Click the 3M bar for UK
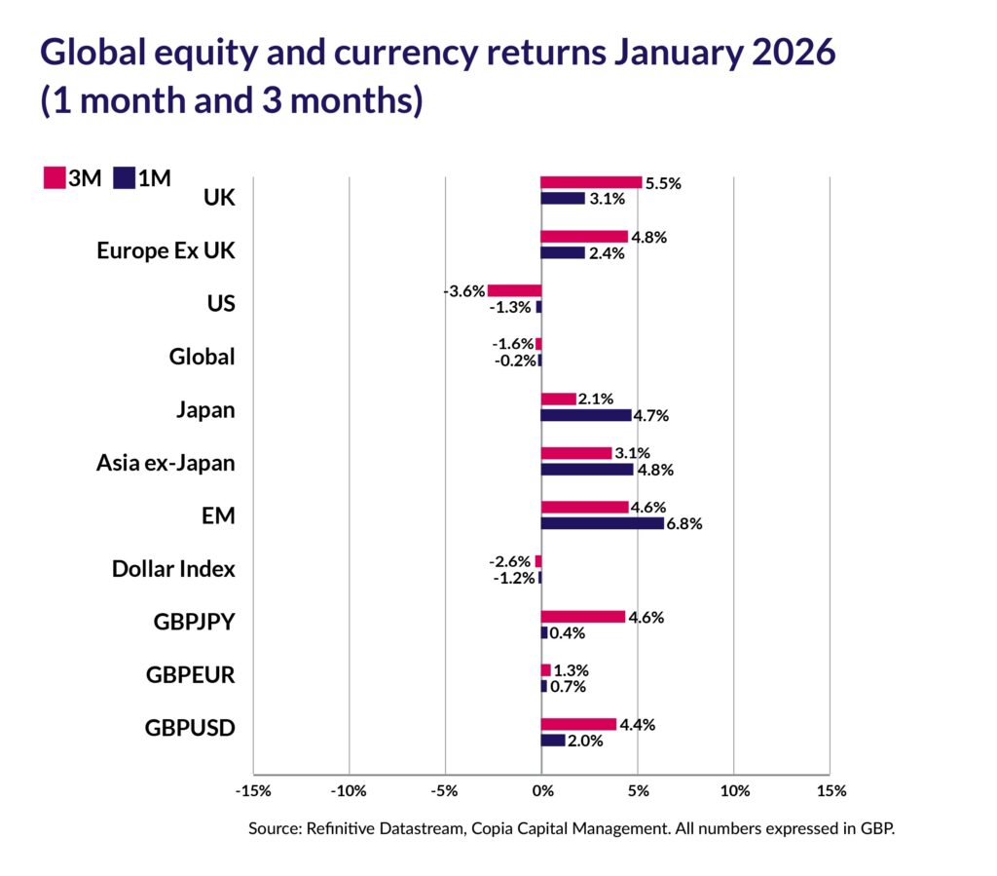[591, 182]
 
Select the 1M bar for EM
[602, 523]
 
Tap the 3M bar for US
[514, 290]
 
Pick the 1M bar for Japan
[585, 415]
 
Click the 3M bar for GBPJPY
[582, 617]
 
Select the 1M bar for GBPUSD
[552, 741]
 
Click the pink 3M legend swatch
[54, 177]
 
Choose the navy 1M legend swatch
[124, 177]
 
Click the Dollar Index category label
[173, 568]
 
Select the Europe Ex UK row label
[166, 250]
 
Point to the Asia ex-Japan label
[166, 462]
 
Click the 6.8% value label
[683, 523]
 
